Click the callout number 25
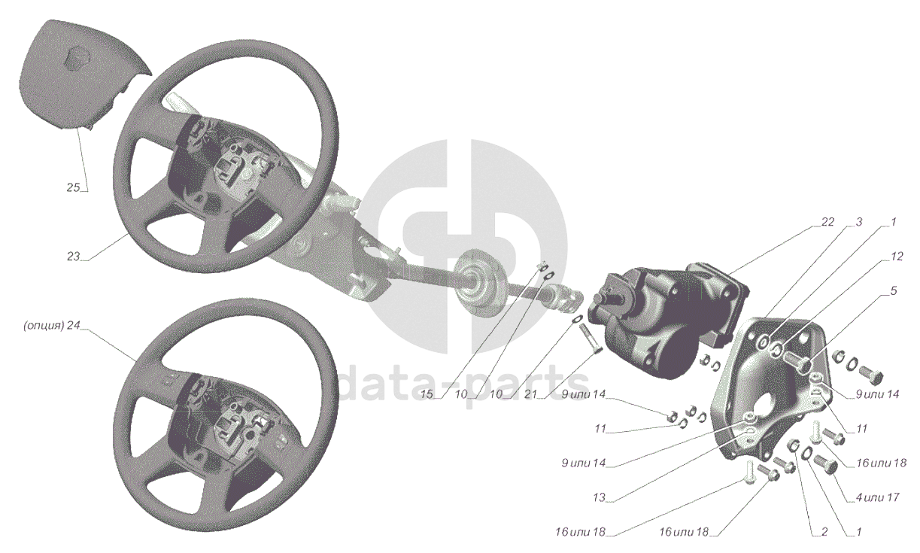point(73,188)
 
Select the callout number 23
point(73,257)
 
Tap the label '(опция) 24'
point(51,325)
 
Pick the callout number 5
point(894,290)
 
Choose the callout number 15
point(427,394)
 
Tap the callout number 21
point(530,394)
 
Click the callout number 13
point(600,497)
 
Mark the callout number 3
point(859,222)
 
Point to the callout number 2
point(824,532)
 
